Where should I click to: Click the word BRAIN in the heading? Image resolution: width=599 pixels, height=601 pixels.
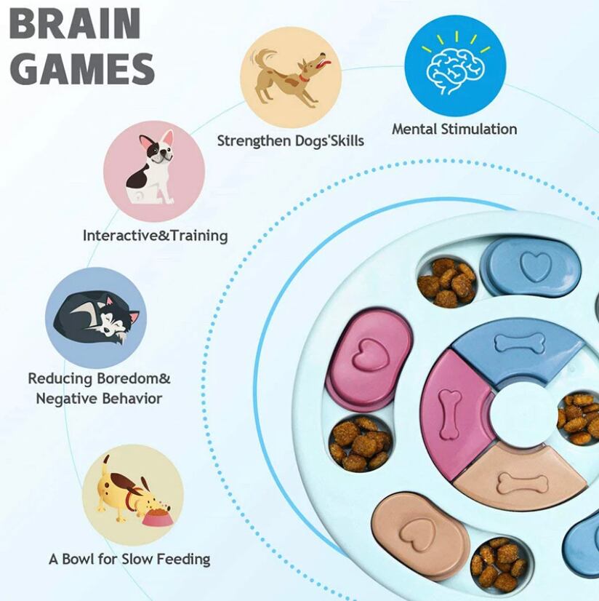tap(75, 25)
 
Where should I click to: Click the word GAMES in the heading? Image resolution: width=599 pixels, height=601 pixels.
tap(83, 69)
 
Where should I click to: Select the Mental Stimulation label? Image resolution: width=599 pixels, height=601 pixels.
tap(454, 130)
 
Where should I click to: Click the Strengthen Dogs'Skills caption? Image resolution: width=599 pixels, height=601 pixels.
tap(290, 140)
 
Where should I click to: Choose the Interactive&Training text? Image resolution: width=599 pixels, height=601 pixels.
tap(155, 236)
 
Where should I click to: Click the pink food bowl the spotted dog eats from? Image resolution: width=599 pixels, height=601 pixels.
tap(157, 519)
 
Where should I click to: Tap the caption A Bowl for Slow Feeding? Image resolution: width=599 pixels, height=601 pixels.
tap(129, 560)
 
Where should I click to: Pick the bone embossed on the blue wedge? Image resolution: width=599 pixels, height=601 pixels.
tap(519, 342)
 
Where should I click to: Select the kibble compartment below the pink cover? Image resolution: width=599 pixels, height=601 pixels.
tap(360, 442)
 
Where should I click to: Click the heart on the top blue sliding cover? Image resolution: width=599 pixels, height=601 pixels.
tap(535, 266)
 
